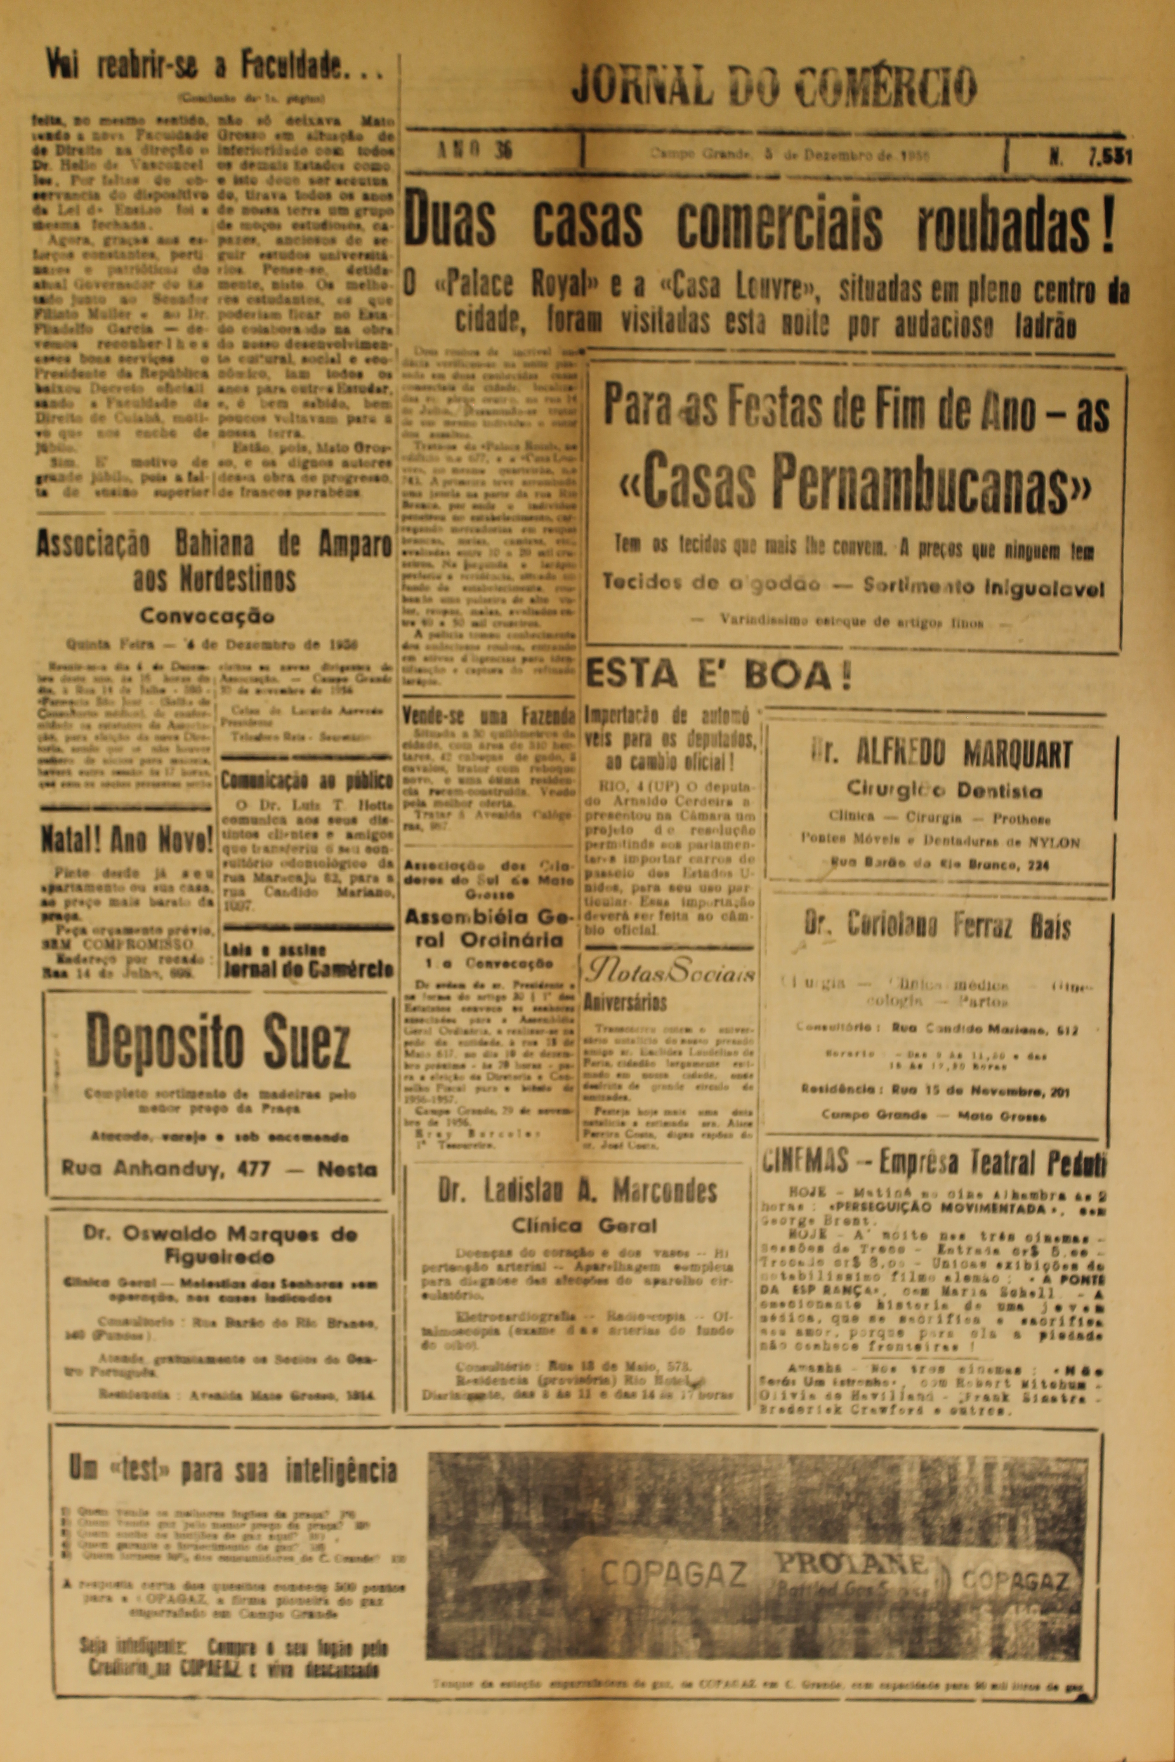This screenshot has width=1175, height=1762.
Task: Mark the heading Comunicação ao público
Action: coord(307,781)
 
